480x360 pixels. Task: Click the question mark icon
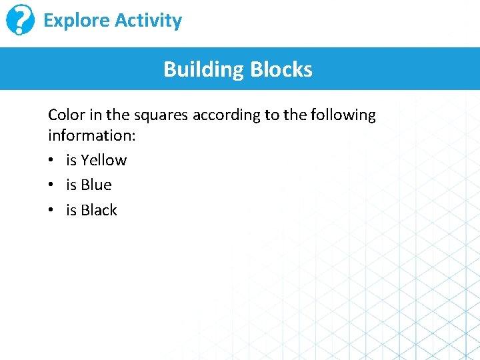pos(20,20)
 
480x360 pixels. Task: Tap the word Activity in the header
pos(147,21)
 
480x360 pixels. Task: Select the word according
pos(227,115)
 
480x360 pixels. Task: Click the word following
pos(342,115)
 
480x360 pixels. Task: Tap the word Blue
pos(96,185)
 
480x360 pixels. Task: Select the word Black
pos(99,210)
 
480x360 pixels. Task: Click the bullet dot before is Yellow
pos(52,161)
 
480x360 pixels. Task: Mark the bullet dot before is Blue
pos(52,185)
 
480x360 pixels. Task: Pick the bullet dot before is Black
pos(52,211)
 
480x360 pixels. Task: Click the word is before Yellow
pos(71,160)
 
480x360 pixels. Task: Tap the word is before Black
pos(71,210)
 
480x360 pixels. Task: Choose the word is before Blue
pos(71,185)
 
